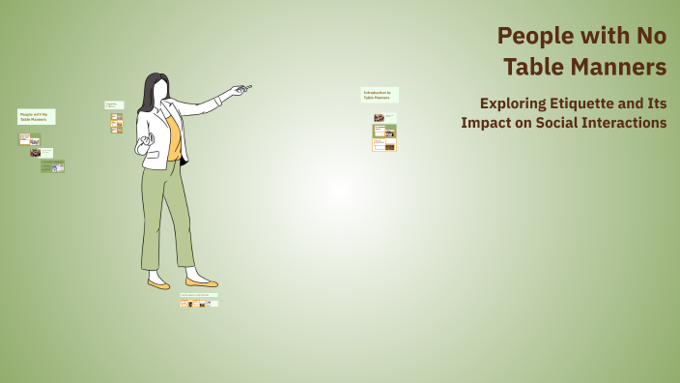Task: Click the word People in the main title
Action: pyautogui.click(x=528, y=36)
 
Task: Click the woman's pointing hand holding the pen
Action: pyautogui.click(x=239, y=91)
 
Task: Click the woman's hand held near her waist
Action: pyautogui.click(x=147, y=146)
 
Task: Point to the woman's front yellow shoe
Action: pyautogui.click(x=201, y=282)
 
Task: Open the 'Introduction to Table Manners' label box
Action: pyautogui.click(x=379, y=95)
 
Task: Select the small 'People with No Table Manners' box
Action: pyautogui.click(x=36, y=116)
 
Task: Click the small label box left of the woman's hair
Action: pyautogui.click(x=114, y=104)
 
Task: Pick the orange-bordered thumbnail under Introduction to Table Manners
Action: pyautogui.click(x=384, y=146)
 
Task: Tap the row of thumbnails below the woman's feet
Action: pyautogui.click(x=198, y=304)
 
